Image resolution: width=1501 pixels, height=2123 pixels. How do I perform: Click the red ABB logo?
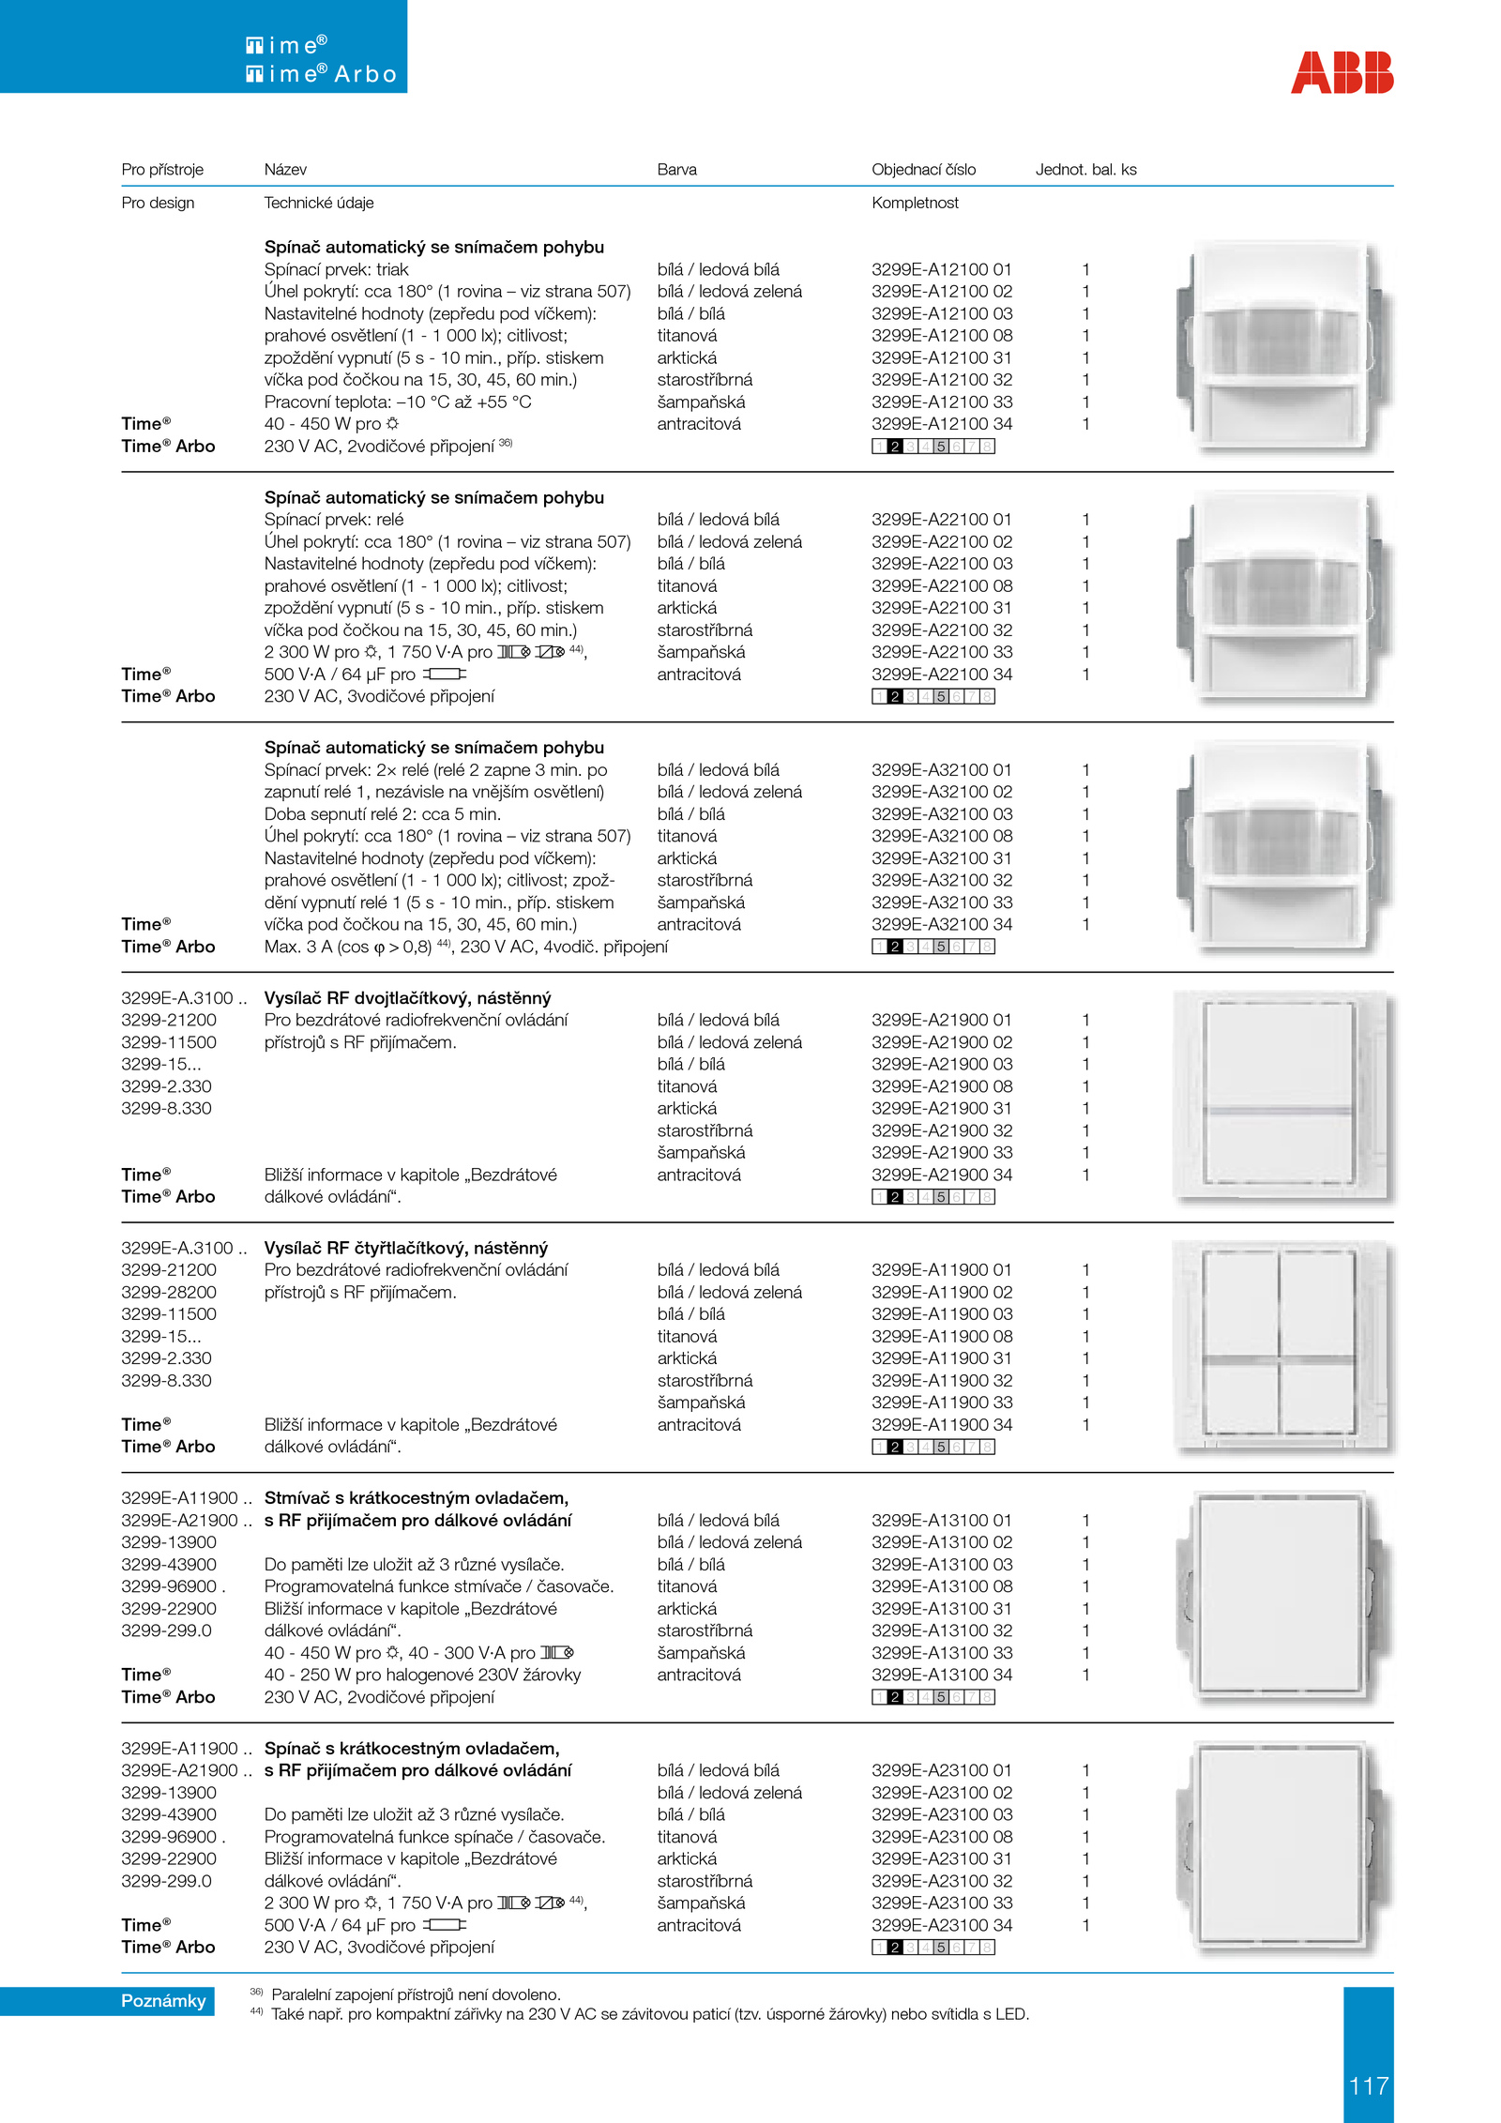click(1342, 72)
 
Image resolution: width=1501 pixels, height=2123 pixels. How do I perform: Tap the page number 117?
click(1368, 2085)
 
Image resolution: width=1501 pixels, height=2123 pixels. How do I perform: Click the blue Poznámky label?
click(163, 2001)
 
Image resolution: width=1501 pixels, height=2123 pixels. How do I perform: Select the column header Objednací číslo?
click(923, 170)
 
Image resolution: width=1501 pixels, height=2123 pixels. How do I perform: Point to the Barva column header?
click(676, 170)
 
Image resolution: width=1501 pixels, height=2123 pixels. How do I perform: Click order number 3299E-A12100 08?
click(941, 336)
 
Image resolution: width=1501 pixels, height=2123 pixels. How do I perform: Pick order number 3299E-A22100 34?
click(941, 675)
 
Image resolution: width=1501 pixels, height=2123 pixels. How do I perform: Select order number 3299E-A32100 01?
click(941, 770)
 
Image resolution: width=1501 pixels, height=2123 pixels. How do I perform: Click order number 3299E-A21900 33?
click(941, 1153)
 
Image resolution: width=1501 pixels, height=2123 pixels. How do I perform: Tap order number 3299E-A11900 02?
click(941, 1293)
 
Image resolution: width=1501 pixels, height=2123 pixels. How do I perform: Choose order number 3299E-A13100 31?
click(941, 1609)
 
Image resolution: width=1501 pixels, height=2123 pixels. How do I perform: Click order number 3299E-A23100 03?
click(941, 1815)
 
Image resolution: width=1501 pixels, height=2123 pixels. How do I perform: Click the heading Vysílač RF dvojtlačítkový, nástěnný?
click(407, 998)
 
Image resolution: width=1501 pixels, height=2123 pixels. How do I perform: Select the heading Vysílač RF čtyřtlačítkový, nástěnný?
click(405, 1249)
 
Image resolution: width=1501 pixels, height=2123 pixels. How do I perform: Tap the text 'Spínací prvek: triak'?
click(336, 270)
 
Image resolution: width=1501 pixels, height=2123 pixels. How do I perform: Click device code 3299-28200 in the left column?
click(168, 1293)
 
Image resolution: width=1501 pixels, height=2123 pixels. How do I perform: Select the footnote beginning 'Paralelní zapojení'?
click(415, 1995)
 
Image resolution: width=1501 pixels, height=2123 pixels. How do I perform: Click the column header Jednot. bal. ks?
click(1085, 170)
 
